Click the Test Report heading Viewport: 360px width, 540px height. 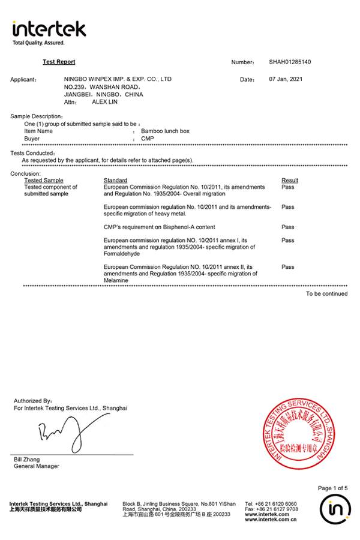(x=59, y=62)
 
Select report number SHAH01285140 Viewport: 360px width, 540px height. (x=290, y=62)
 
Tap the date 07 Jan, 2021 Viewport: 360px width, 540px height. (x=286, y=79)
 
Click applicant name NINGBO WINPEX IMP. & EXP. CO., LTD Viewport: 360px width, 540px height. (x=118, y=79)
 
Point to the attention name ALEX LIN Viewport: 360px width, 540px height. (x=104, y=103)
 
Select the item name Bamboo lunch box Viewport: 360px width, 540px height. (x=165, y=131)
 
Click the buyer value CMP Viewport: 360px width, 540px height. (x=147, y=139)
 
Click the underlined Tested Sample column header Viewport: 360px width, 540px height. (x=43, y=180)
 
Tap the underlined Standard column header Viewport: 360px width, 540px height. (x=115, y=180)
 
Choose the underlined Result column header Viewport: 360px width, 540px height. (x=290, y=180)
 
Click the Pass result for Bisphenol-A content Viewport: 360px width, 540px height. (x=288, y=227)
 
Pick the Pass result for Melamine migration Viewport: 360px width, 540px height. (x=288, y=267)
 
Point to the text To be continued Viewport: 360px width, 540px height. (x=326, y=294)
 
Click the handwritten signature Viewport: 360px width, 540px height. (x=66, y=433)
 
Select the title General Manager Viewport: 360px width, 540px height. (x=37, y=466)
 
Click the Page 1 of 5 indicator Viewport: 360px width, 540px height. (x=332, y=488)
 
